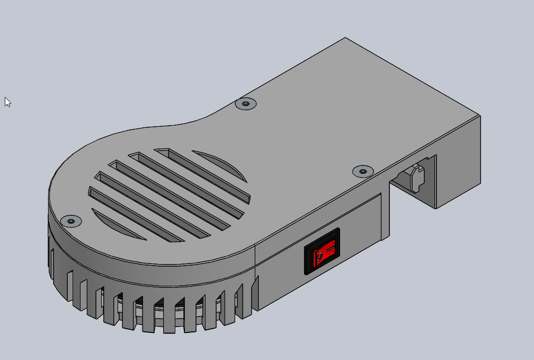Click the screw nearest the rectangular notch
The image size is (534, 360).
(362, 171)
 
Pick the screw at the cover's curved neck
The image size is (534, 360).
(245, 104)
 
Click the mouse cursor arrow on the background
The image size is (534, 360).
(7, 101)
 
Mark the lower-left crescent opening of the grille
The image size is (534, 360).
(118, 224)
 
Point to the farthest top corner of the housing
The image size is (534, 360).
(345, 38)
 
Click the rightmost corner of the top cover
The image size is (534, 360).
(480, 115)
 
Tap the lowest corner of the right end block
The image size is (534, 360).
(436, 208)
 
